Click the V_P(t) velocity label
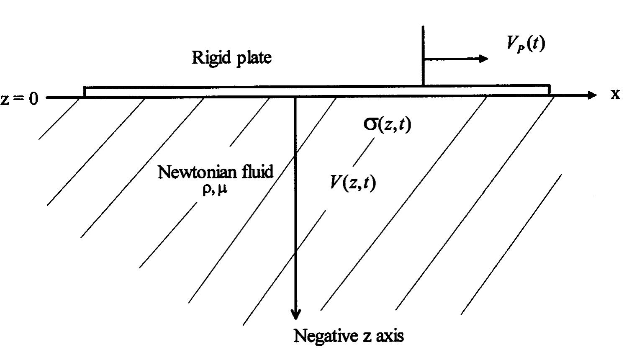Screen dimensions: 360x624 point(526,43)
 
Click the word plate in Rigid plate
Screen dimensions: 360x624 point(254,58)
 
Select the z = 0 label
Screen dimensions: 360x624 point(19,99)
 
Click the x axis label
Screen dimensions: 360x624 point(614,94)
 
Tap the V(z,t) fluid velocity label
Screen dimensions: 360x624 point(353,182)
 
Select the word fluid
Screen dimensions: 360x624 point(255,172)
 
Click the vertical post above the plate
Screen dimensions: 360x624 point(423,54)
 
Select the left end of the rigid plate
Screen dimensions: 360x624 point(85,92)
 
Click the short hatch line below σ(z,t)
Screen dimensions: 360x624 point(364,152)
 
